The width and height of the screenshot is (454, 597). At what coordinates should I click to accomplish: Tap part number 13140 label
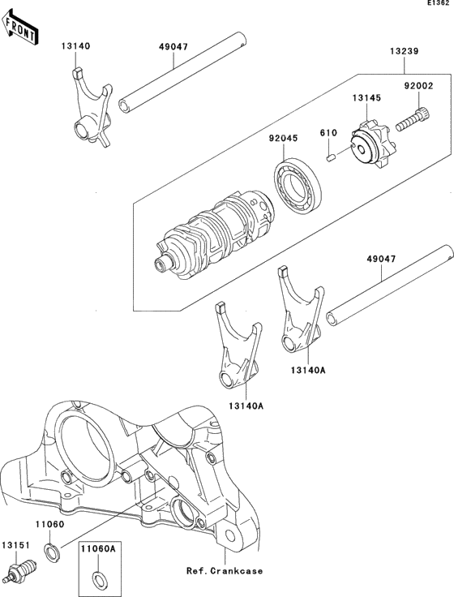point(74,47)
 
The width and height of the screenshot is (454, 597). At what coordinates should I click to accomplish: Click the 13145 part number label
point(366,98)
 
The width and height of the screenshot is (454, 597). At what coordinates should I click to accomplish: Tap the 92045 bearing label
point(285,138)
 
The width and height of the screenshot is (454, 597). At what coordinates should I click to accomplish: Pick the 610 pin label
point(328,131)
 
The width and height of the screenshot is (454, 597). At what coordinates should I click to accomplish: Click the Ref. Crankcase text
point(224,571)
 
